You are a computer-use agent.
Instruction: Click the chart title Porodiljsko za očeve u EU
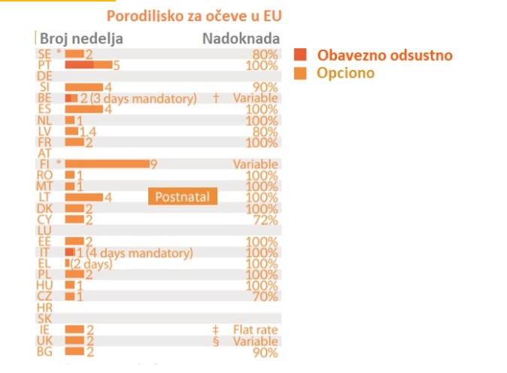tap(199, 15)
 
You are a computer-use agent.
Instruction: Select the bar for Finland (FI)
tap(107, 164)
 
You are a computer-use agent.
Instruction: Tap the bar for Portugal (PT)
tap(88, 65)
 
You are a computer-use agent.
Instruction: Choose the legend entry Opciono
tap(346, 73)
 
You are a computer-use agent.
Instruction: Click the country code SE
tap(44, 55)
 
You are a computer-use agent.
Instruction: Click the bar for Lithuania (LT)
tap(83, 197)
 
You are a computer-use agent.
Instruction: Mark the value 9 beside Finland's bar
tap(153, 164)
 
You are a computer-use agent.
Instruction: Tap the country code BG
tap(44, 351)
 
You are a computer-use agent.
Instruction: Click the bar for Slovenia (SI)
tap(83, 87)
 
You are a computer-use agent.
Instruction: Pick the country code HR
tap(44, 308)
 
